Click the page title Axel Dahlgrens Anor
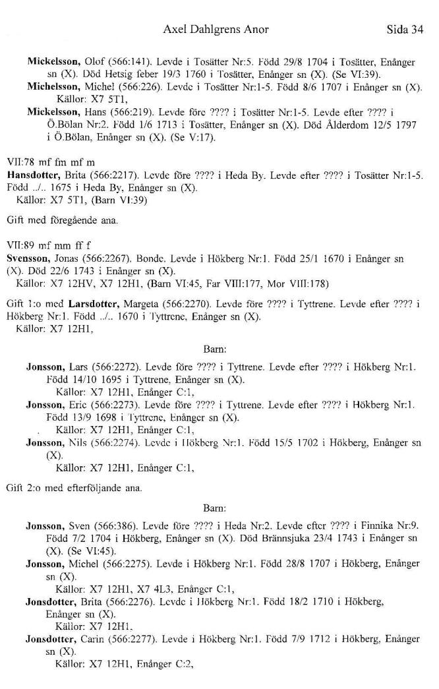pyautogui.click(x=218, y=30)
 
